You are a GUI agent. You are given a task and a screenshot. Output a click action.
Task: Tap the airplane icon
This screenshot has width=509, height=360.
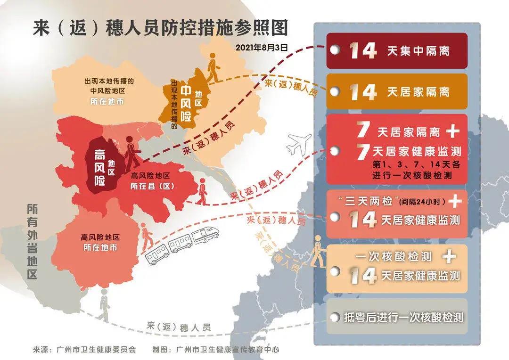pyautogui.click(x=299, y=144)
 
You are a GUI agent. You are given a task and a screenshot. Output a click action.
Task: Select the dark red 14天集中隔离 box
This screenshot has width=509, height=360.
pyautogui.click(x=397, y=50)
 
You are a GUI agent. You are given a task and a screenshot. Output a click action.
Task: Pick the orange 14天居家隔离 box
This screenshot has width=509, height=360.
pyautogui.click(x=397, y=91)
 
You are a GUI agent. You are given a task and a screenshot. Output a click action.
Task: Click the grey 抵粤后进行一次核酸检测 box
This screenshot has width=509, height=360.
pyautogui.click(x=397, y=317)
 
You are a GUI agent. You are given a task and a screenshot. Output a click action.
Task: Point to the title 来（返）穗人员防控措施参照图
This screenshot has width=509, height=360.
pyautogui.click(x=160, y=28)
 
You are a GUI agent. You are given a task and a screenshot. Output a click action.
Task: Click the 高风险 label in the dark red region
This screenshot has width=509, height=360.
pyautogui.click(x=100, y=167)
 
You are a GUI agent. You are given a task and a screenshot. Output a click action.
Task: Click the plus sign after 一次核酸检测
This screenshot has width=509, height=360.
pyautogui.click(x=451, y=257)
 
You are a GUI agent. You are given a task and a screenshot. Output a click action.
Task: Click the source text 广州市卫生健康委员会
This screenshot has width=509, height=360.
pyautogui.click(x=96, y=350)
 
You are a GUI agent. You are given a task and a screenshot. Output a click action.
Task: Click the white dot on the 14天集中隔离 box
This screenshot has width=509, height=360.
pyautogui.click(x=334, y=50)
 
